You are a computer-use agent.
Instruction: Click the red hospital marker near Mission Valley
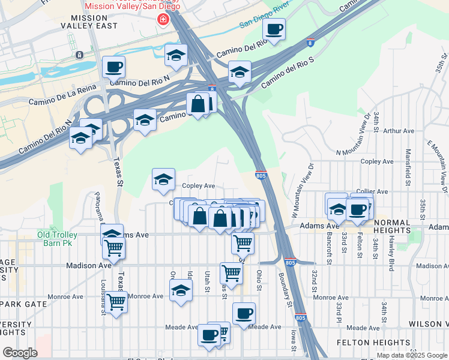[162, 20]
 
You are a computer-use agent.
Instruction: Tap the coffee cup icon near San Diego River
[274, 29]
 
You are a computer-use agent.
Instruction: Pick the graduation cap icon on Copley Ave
[163, 179]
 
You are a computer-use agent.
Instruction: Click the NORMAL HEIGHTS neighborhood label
[400, 223]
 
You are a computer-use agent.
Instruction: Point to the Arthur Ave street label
[399, 130]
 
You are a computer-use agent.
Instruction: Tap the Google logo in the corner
[19, 353]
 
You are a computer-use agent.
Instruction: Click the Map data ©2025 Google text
[411, 355]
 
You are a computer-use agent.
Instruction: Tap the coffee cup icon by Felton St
[357, 209]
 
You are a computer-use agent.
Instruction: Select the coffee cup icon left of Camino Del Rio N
[113, 67]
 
